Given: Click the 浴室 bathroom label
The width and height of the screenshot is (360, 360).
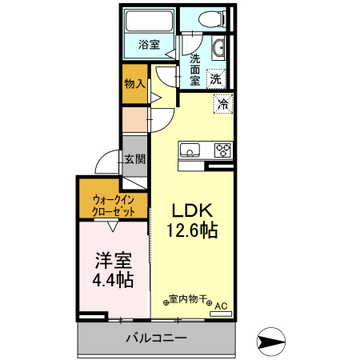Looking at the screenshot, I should pyautogui.click(x=149, y=44).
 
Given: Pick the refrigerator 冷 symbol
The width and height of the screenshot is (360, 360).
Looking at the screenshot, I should pyautogui.click(x=223, y=102).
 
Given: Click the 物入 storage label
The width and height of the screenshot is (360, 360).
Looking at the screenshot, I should pyautogui.click(x=134, y=83).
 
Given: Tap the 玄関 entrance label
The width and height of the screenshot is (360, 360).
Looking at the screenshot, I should pyautogui.click(x=134, y=158).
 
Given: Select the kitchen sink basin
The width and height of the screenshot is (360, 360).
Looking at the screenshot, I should pyautogui.click(x=190, y=149).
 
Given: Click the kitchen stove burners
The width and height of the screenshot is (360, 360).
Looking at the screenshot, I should pyautogui.click(x=222, y=149).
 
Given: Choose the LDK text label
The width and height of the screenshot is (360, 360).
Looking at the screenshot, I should pyautogui.click(x=192, y=210).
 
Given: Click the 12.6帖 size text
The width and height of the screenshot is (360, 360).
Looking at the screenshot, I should pyautogui.click(x=192, y=230).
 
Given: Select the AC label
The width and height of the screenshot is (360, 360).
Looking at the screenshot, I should pyautogui.click(x=221, y=304).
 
